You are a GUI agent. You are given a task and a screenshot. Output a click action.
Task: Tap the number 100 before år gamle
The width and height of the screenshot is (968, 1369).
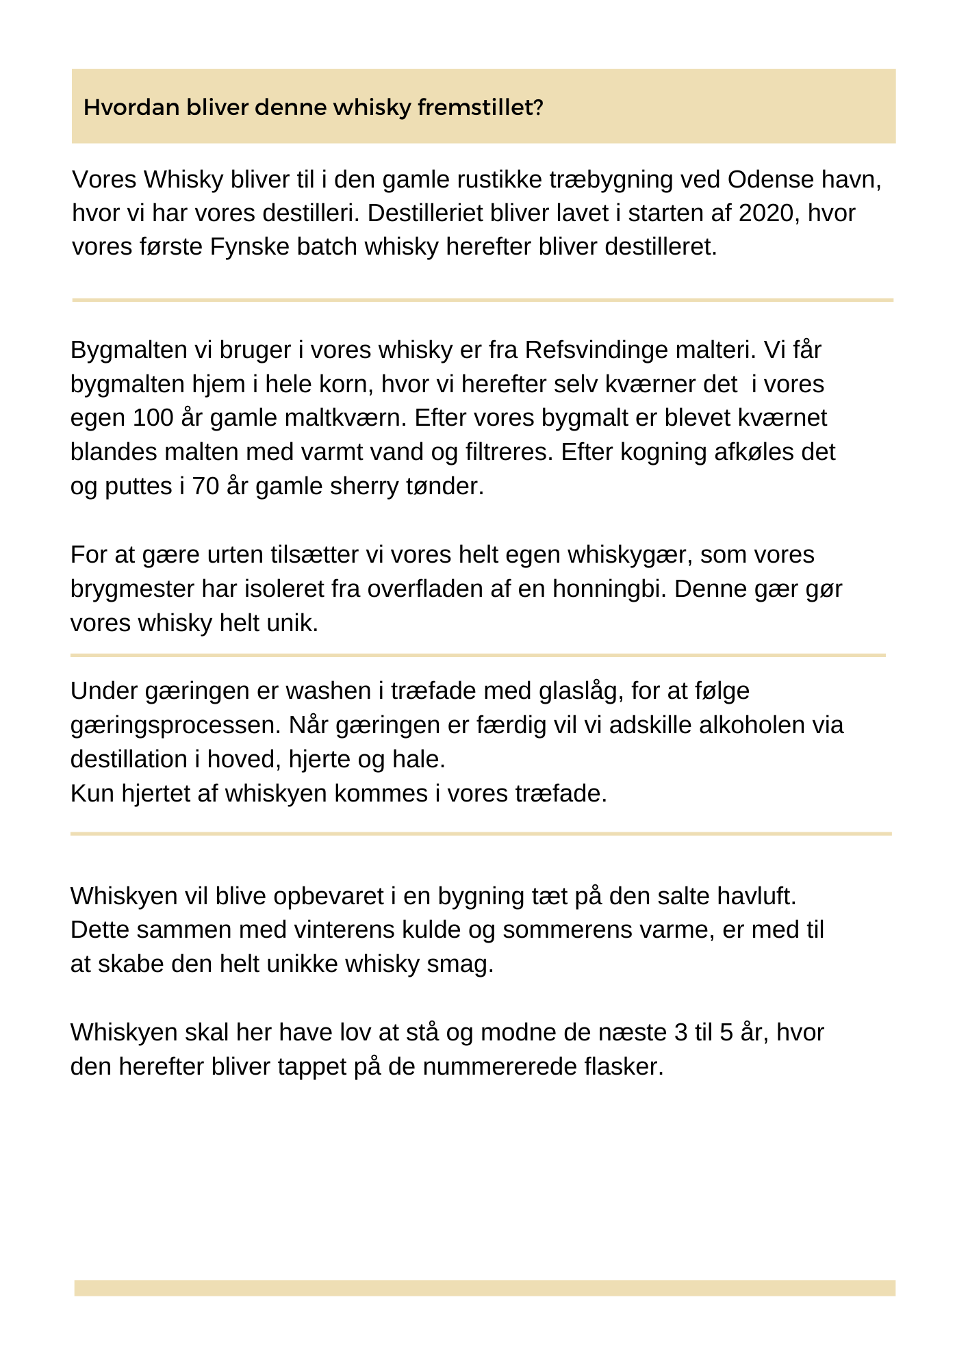tap(153, 418)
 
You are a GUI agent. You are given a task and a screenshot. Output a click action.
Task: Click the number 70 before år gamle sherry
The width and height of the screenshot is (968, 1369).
tap(206, 486)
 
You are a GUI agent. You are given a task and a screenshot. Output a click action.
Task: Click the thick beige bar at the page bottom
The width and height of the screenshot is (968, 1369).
tap(485, 1288)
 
